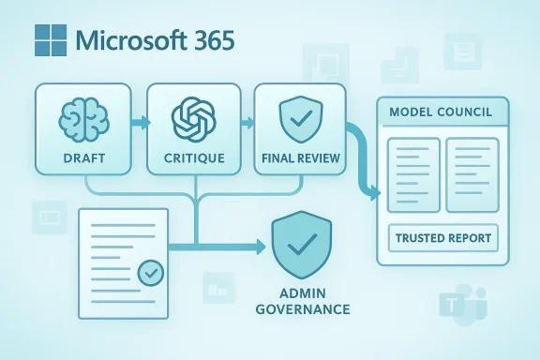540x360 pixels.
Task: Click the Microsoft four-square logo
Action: click(x=49, y=42)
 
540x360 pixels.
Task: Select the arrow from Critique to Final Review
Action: click(x=247, y=122)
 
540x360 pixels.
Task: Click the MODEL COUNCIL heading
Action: click(x=441, y=113)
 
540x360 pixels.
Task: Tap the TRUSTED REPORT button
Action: click(x=442, y=238)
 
